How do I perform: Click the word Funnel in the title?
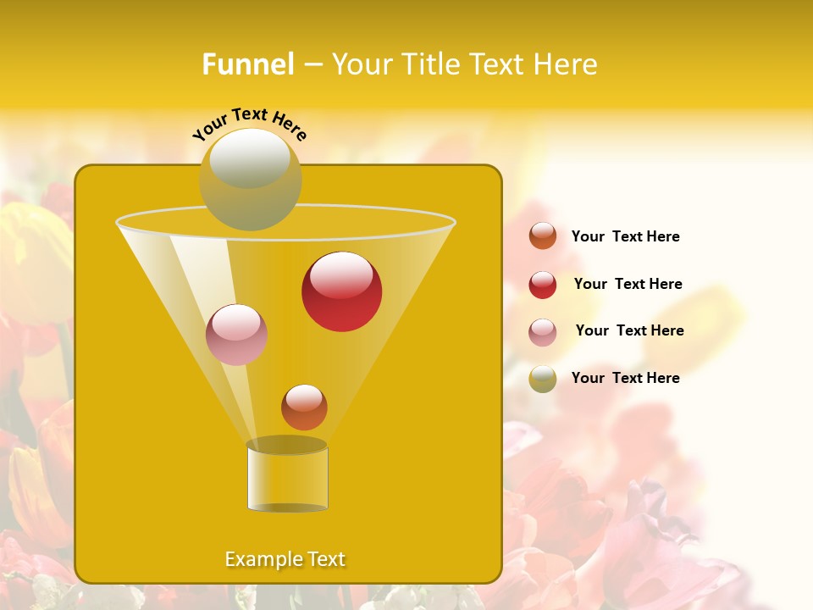[x=247, y=64]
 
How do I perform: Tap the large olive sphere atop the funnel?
[x=250, y=180]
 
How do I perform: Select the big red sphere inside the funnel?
[x=341, y=292]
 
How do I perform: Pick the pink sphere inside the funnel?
[x=236, y=335]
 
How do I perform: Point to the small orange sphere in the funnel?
[x=304, y=408]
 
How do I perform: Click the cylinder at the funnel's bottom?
[x=287, y=478]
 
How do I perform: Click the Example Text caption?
[x=285, y=559]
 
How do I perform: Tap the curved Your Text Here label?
[x=249, y=123]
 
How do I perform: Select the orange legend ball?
[x=543, y=236]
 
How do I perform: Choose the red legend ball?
[x=543, y=285]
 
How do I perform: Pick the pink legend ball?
[x=543, y=332]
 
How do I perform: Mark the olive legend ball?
[x=543, y=379]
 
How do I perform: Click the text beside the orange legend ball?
[x=625, y=237]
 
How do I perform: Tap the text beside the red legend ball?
[x=628, y=285]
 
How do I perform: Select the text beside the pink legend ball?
[x=629, y=331]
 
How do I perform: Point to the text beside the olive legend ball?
[x=625, y=379]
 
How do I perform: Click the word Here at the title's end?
[x=567, y=64]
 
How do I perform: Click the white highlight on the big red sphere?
[x=341, y=274]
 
